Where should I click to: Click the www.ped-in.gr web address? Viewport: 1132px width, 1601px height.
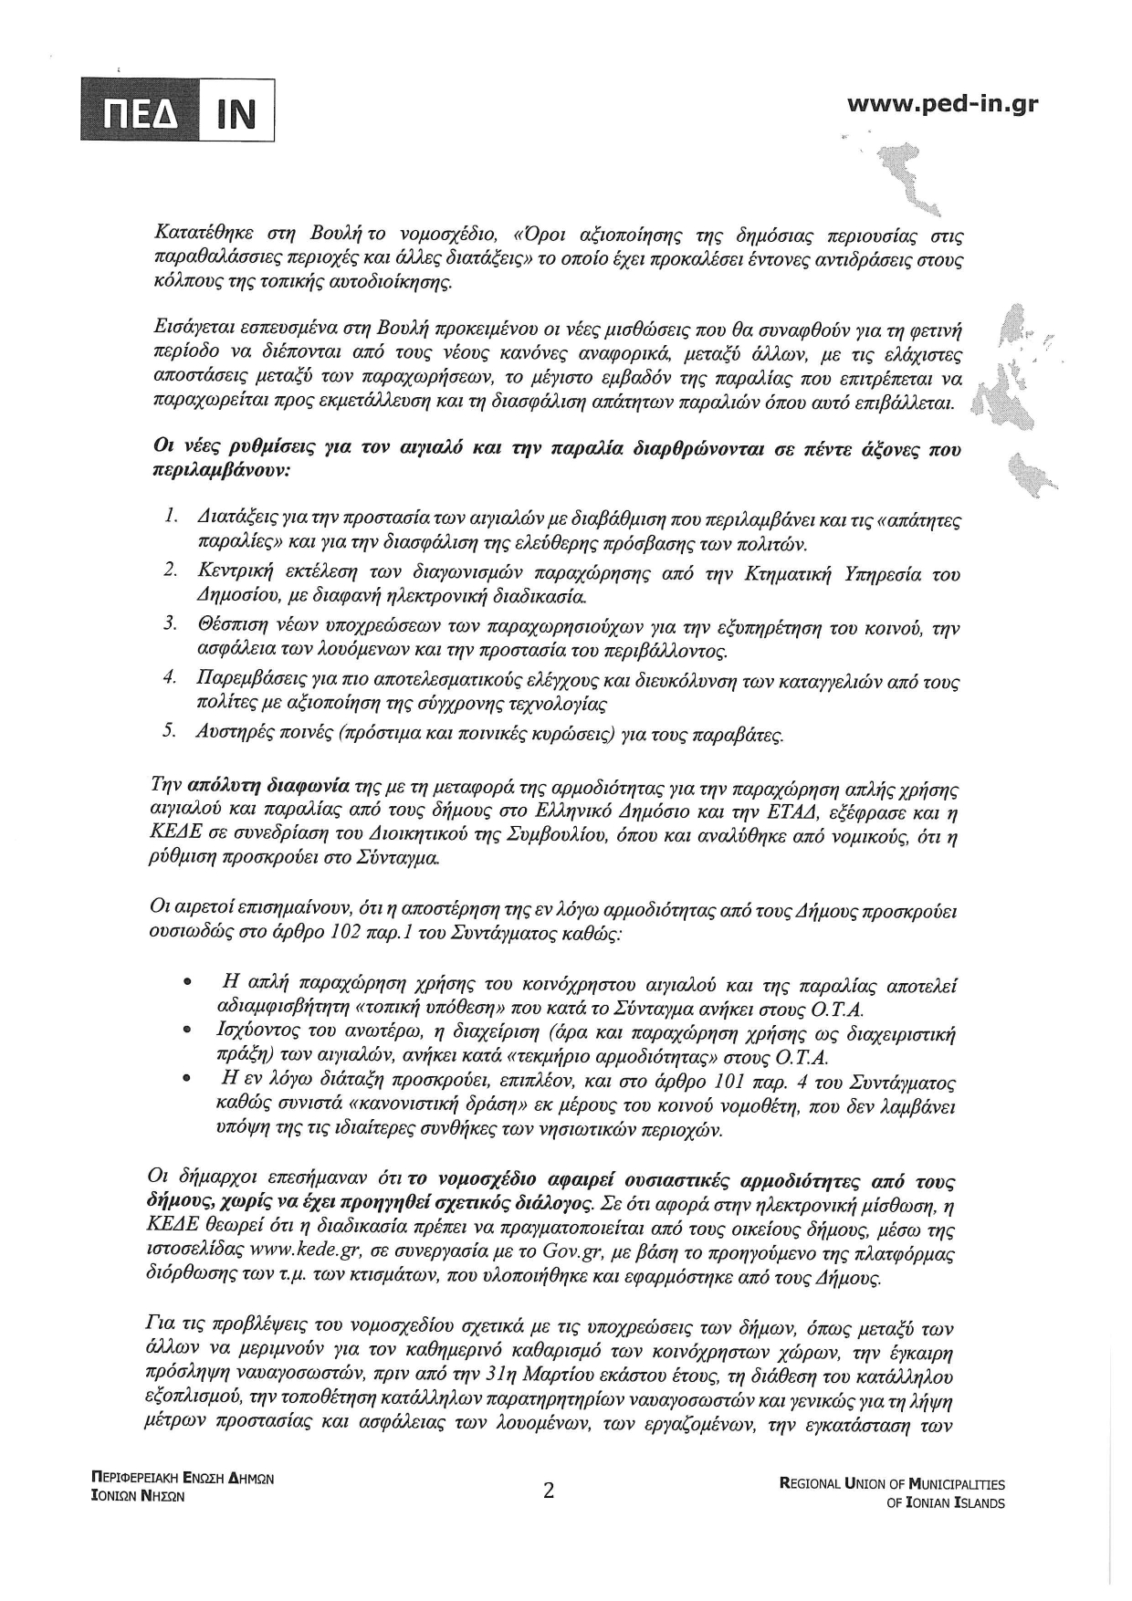(x=942, y=103)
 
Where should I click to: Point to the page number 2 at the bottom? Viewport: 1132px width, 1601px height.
(x=549, y=1491)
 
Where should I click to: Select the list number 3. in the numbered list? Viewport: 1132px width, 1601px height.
(x=170, y=626)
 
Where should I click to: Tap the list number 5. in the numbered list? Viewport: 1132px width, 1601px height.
(x=170, y=732)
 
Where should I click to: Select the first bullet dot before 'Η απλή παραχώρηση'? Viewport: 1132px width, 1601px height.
(x=187, y=985)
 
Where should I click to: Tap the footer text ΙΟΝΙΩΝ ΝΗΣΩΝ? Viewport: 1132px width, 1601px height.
(x=131, y=1496)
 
